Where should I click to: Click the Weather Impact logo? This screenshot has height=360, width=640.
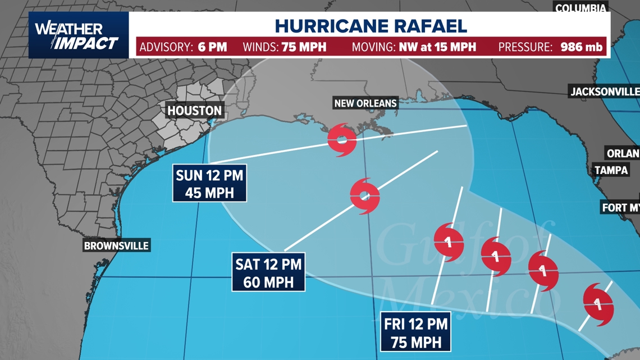(77, 35)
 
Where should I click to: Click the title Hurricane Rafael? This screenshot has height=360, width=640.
(371, 25)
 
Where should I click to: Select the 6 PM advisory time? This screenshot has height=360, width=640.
(212, 47)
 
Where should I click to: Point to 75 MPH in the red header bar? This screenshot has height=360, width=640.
(304, 47)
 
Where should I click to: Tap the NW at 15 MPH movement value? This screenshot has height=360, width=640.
(437, 47)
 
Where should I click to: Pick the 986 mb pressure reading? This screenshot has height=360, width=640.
(581, 47)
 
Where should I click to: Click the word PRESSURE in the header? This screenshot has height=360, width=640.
(524, 47)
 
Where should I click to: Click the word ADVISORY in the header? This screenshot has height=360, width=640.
(166, 47)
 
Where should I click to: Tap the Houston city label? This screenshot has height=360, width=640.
(195, 110)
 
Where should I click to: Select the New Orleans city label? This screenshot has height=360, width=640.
(365, 103)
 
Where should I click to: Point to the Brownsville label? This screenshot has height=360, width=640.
(116, 245)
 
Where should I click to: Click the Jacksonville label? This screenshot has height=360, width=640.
(605, 92)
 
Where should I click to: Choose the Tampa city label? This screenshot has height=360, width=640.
(611, 170)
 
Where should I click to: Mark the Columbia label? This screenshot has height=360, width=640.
(581, 8)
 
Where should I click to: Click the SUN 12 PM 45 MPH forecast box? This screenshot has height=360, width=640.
(209, 184)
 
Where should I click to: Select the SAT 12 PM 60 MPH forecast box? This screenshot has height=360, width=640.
(268, 272)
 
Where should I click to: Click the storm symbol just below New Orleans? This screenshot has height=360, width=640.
(342, 140)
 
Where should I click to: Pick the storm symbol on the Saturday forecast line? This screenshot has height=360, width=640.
(365, 195)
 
